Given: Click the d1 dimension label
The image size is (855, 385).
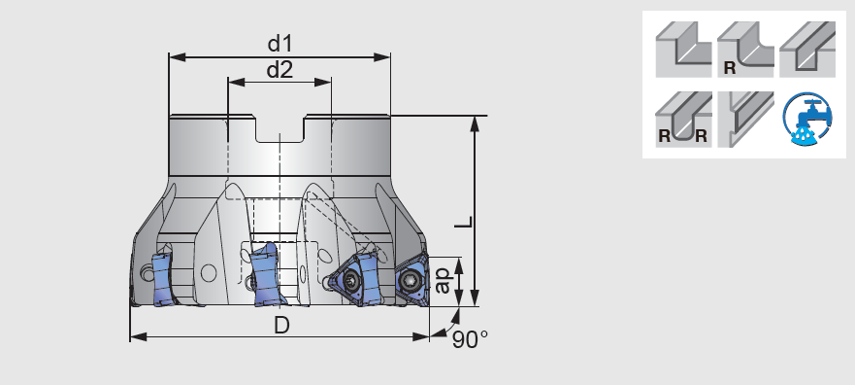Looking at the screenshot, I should point(280,44).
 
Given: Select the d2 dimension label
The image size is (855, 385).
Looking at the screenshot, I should point(280,69).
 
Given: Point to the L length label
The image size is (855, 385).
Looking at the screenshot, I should point(465,222).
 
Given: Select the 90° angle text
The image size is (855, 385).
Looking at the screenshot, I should point(470,338).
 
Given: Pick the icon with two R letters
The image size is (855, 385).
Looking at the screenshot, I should point(683,120).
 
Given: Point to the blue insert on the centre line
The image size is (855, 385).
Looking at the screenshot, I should point(264,276).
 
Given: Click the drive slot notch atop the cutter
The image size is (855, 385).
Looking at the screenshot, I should point(280,129).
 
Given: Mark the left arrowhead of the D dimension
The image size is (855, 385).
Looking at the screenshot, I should point(135,337).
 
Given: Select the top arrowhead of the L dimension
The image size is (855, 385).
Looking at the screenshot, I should point(476,122).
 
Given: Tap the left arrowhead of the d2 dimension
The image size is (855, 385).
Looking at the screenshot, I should point(233,82).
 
